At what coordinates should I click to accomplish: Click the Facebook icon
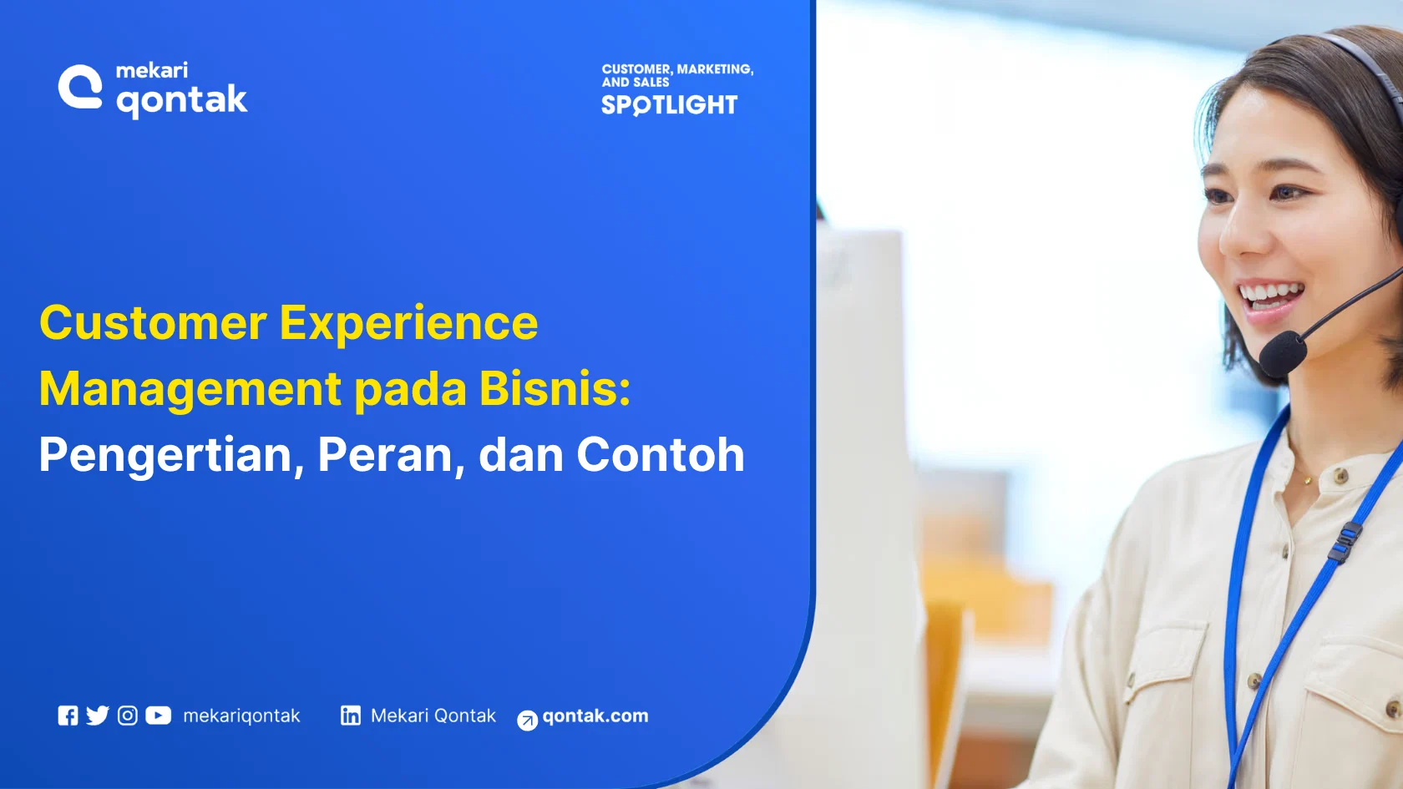tap(68, 716)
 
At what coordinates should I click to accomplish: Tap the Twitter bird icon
tap(98, 716)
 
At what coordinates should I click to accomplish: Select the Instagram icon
tap(127, 716)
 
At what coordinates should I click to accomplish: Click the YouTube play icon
tap(158, 716)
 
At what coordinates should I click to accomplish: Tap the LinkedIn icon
tap(351, 716)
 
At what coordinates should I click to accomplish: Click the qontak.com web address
tap(595, 716)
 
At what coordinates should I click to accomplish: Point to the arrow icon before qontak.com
tap(527, 721)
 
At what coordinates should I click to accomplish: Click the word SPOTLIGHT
tap(669, 105)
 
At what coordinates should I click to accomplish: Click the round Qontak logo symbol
tap(80, 87)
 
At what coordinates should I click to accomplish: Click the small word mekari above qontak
tap(151, 70)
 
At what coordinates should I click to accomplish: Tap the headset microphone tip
tap(1282, 354)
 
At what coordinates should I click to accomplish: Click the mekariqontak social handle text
tap(241, 716)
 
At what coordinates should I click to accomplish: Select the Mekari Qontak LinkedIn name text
tap(433, 716)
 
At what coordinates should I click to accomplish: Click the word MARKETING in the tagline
tap(715, 69)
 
